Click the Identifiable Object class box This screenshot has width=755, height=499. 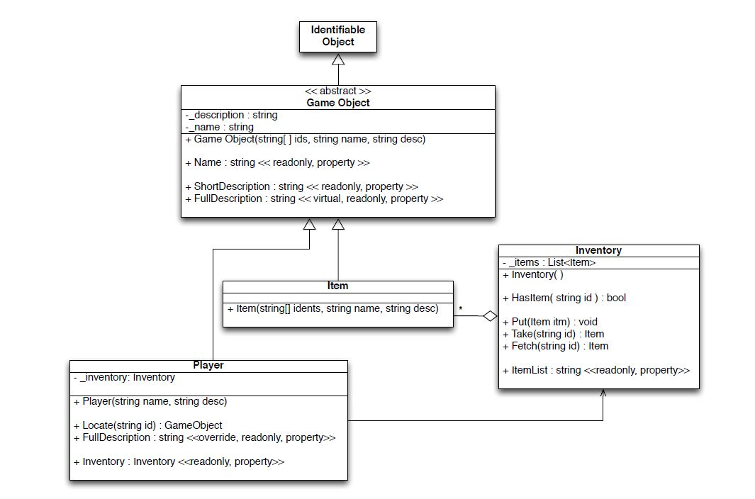coord(337,36)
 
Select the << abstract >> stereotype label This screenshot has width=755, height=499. coord(337,91)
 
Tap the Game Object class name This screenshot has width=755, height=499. coord(337,103)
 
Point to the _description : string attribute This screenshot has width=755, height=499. coord(231,115)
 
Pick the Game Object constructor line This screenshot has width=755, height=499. coord(306,139)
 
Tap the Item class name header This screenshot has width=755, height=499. coord(337,286)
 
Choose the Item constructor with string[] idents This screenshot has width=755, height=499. coord(332,308)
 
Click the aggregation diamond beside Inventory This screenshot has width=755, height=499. coord(490,316)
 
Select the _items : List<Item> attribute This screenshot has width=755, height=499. coord(549,262)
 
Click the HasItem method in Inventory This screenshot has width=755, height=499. coord(564,298)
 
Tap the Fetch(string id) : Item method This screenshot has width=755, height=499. coord(555,346)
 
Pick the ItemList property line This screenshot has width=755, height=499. coord(595,370)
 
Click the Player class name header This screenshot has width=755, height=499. coord(208,365)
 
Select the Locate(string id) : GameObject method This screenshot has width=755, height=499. coord(147,425)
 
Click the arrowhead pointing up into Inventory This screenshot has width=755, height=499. coord(603,393)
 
